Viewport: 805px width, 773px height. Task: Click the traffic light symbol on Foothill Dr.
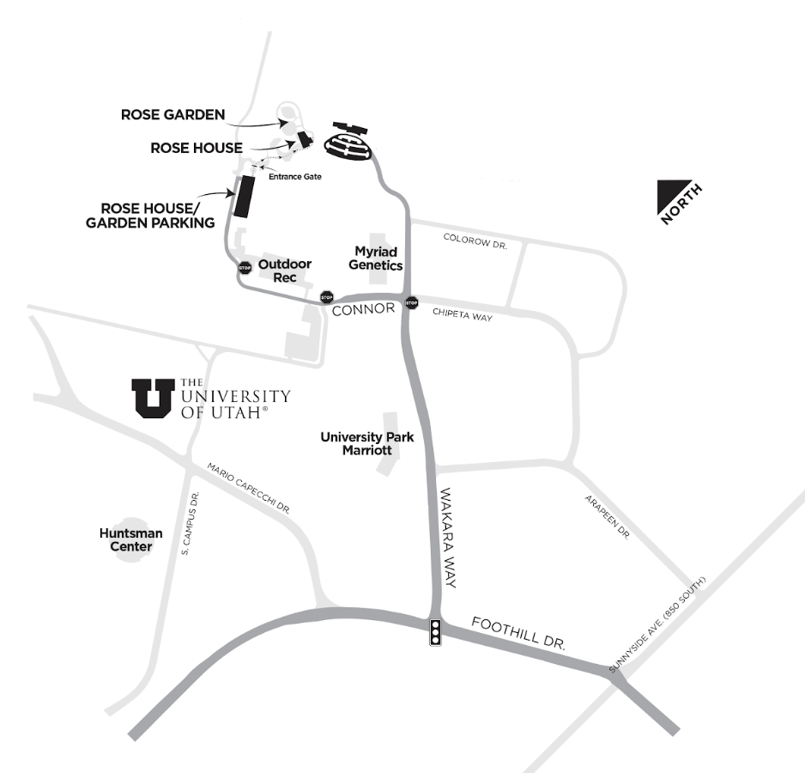[435, 631]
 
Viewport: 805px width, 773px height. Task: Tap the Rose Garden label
[173, 114]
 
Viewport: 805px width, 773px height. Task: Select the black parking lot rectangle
[245, 196]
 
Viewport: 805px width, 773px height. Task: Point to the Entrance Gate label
[295, 176]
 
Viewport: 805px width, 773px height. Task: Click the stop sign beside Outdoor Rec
[245, 267]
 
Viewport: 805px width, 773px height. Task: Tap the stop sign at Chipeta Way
[412, 302]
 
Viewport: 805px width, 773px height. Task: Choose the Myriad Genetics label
[376, 258]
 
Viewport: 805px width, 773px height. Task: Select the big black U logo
[153, 398]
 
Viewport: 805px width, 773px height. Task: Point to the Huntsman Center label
[131, 539]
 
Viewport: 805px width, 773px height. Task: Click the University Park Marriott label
[367, 443]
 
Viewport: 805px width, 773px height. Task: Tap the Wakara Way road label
[448, 538]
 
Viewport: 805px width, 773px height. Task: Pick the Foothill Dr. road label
[518, 633]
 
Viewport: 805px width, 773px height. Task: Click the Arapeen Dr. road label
[608, 517]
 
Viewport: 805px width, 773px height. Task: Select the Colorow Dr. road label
[475, 241]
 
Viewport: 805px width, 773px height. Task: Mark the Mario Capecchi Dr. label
[249, 488]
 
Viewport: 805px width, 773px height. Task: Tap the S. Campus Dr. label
[190, 523]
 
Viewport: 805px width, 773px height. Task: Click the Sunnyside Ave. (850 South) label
[657, 624]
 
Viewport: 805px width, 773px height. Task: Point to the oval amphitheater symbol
[348, 144]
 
